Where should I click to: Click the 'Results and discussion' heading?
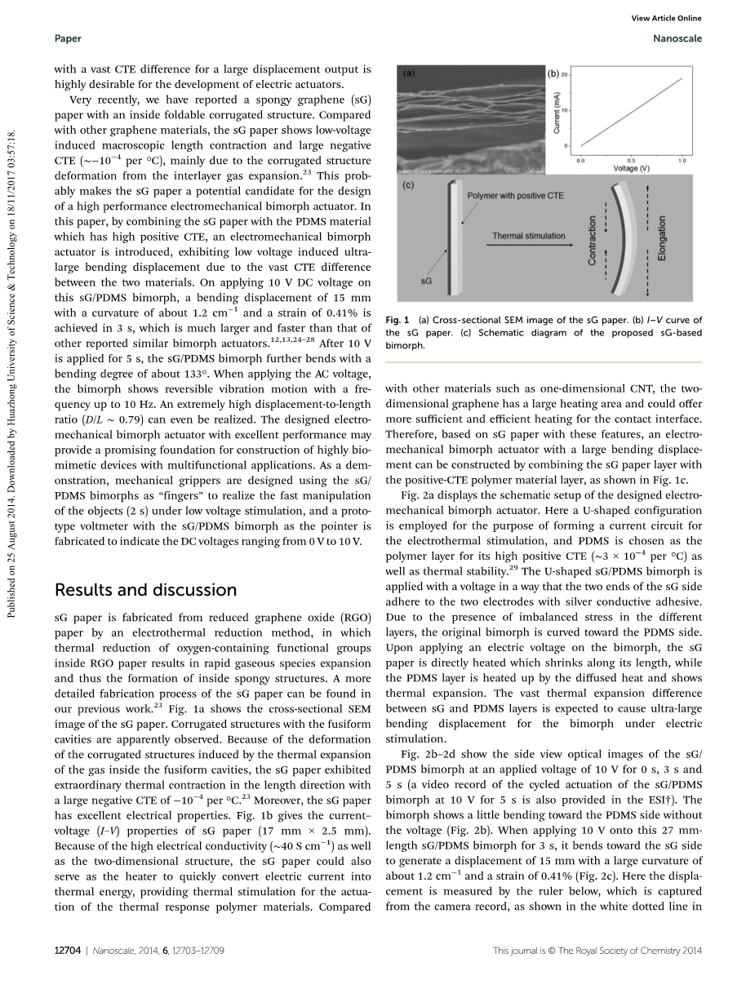pyautogui.click(x=145, y=590)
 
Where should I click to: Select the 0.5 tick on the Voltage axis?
pyautogui.click(x=631, y=161)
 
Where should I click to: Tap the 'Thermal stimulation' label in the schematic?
pyautogui.click(x=528, y=236)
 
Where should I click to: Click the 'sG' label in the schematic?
pyautogui.click(x=426, y=281)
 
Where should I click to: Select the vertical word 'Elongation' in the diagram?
pyautogui.click(x=662, y=238)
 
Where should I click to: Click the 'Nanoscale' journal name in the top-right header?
pyautogui.click(x=677, y=38)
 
